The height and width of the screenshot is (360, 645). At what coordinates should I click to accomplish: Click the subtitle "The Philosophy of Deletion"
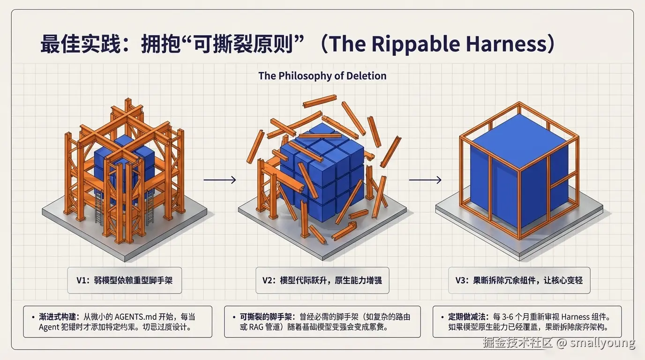(322, 76)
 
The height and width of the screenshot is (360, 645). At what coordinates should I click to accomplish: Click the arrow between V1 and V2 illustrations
(220, 180)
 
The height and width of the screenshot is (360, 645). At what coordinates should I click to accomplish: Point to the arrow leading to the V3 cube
(425, 180)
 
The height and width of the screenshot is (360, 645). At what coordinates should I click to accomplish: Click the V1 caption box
(124, 280)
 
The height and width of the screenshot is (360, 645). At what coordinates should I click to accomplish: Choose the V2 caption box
(322, 280)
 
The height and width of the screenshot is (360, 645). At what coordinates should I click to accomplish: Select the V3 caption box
(519, 280)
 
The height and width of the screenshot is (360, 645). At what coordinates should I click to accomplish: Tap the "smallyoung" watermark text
(602, 343)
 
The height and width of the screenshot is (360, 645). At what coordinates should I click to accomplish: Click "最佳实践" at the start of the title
(81, 44)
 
